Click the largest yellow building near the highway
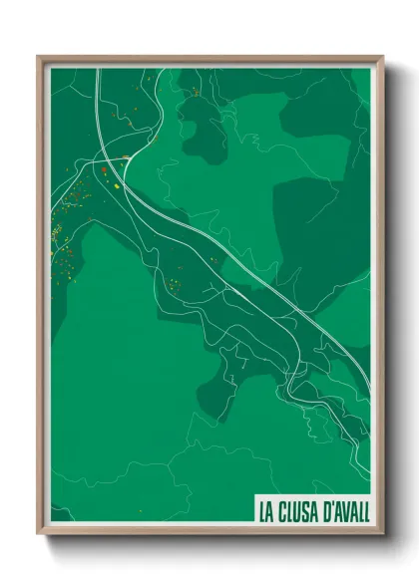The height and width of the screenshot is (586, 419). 116,184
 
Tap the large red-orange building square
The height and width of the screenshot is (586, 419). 104,170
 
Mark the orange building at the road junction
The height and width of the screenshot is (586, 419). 126,157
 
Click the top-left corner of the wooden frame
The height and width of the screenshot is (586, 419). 39,57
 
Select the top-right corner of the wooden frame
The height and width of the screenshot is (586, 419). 382,57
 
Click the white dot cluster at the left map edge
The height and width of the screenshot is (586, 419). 56,235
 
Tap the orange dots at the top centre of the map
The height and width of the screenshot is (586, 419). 196,92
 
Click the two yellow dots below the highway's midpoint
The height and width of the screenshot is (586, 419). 214,261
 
